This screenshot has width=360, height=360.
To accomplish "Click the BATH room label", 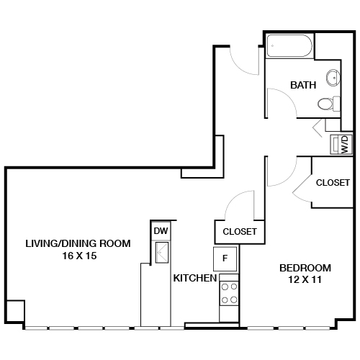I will (303, 85).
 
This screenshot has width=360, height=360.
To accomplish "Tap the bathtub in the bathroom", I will (290, 49).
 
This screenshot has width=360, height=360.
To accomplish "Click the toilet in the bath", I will (328, 104).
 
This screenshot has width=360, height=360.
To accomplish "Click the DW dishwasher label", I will (160, 230).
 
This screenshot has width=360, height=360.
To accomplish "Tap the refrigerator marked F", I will (225, 258).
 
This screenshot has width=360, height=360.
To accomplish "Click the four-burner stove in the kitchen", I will (229, 293).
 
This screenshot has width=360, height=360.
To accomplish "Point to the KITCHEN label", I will (194, 278).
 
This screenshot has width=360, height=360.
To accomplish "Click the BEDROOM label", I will (305, 267).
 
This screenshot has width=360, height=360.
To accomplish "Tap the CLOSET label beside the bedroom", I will (333, 183).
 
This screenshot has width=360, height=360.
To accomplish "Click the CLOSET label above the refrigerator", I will (240, 232).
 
